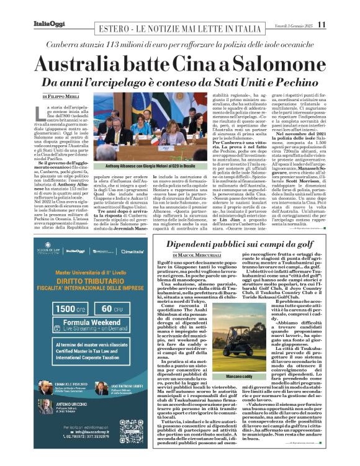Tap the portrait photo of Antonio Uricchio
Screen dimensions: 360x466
tap(45, 405)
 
